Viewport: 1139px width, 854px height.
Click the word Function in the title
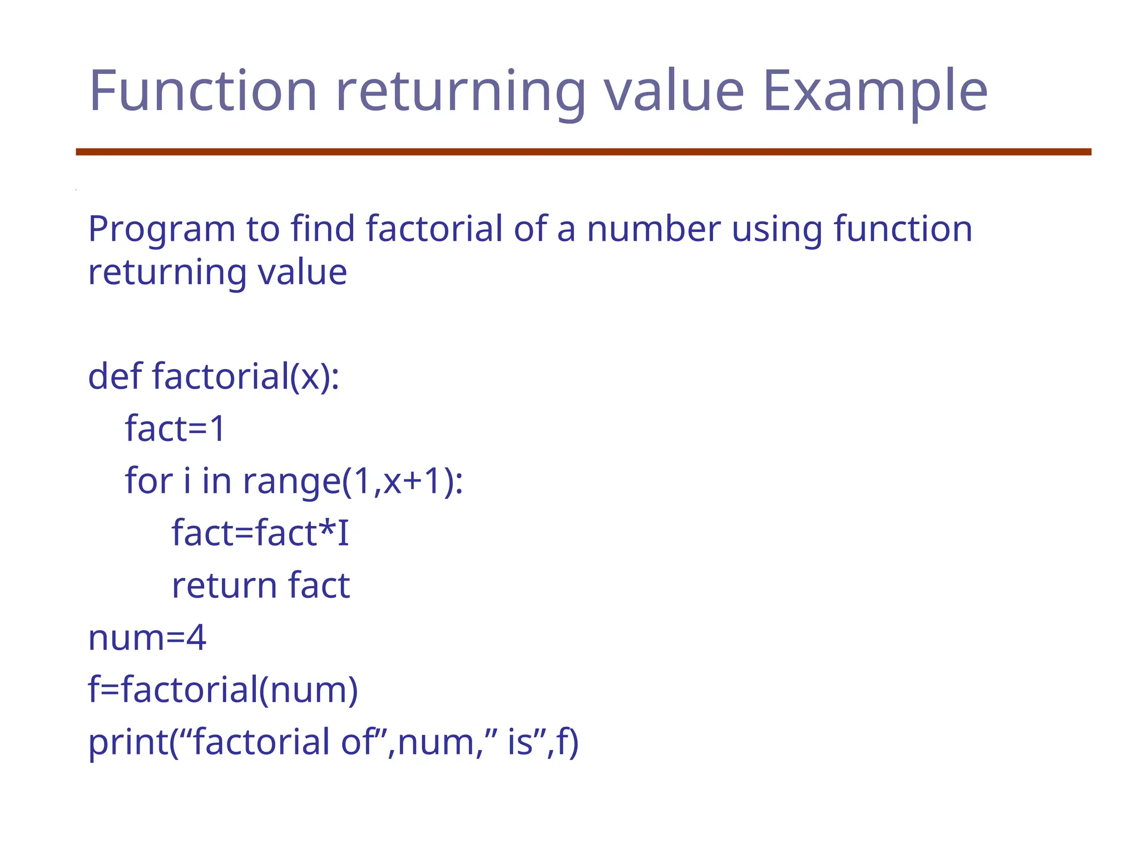click(202, 90)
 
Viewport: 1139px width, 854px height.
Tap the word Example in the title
click(875, 91)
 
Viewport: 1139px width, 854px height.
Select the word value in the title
click(674, 90)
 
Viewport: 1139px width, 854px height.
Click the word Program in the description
click(162, 229)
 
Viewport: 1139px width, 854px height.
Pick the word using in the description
click(776, 229)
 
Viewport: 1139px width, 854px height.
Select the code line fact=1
click(175, 428)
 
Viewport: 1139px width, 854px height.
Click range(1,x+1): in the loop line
click(353, 481)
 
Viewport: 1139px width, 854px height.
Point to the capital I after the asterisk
click(343, 533)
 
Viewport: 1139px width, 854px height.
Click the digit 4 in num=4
click(196, 637)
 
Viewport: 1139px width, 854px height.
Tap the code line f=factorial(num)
click(223, 689)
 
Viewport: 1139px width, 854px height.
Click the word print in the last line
click(128, 742)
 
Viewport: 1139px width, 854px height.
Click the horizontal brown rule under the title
click(583, 152)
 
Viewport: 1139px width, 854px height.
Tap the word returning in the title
click(460, 91)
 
